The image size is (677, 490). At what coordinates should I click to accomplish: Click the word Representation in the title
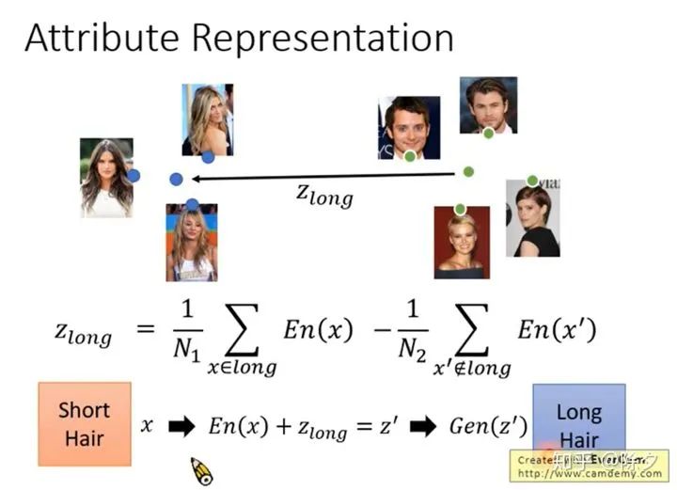pos(323,40)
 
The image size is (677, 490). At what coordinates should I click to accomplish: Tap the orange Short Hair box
pos(84,423)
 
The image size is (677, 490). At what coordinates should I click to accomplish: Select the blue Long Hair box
pos(578,419)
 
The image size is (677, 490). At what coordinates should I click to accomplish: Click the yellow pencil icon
pos(201,470)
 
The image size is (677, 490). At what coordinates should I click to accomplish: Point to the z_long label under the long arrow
pos(324,195)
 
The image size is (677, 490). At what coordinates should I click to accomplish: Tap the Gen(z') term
pos(486,426)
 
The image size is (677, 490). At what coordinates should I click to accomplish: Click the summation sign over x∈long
pos(242,329)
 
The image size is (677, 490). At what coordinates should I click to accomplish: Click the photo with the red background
pos(461,243)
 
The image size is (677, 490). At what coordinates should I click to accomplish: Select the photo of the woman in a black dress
pos(533,219)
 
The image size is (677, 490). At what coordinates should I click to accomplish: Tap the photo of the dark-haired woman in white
pos(106,178)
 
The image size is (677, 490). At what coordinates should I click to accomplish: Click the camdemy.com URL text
pos(590,473)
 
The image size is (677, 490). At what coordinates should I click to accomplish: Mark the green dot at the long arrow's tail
pos(468,171)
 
